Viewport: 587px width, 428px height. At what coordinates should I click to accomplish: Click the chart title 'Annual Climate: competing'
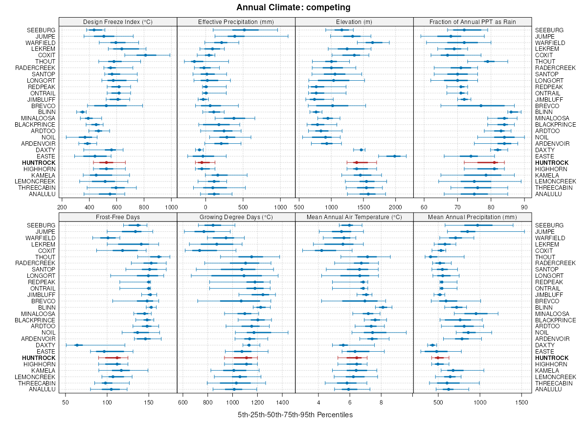click(293, 7)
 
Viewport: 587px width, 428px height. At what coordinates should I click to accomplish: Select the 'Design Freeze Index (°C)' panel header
click(117, 22)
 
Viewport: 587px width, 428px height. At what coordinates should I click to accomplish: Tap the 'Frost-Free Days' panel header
click(117, 217)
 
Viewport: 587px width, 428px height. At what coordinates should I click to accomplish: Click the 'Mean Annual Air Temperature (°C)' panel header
click(354, 217)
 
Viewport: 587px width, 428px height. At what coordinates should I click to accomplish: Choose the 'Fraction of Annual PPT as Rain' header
click(473, 22)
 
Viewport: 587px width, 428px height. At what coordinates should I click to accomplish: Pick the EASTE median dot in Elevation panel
click(395, 156)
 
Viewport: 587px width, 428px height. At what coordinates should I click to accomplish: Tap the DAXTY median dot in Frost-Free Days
click(76, 345)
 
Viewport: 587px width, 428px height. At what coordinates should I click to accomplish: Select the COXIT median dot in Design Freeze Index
click(145, 55)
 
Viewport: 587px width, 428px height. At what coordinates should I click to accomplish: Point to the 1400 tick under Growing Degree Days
click(282, 402)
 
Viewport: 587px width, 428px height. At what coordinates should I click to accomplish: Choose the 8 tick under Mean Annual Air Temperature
click(381, 402)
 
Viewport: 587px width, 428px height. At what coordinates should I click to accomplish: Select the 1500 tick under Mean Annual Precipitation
click(522, 402)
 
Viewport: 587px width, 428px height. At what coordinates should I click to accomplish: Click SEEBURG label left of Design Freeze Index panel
click(42, 30)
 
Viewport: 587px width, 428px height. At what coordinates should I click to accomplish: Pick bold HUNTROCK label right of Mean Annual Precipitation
click(552, 358)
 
